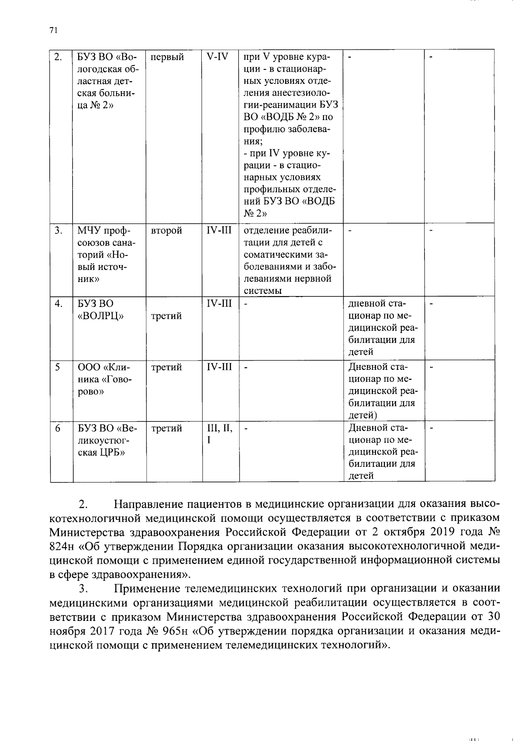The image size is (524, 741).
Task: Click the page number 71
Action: click(53, 30)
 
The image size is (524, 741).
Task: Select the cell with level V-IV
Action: click(217, 57)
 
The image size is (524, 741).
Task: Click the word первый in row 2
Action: click(167, 57)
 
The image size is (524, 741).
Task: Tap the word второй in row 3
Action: click(166, 231)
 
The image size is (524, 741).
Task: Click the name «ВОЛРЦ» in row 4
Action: click(100, 316)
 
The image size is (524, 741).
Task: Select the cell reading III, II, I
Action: click(220, 434)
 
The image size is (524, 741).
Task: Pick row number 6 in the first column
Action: click(58, 429)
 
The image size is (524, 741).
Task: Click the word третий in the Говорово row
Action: click(166, 368)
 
